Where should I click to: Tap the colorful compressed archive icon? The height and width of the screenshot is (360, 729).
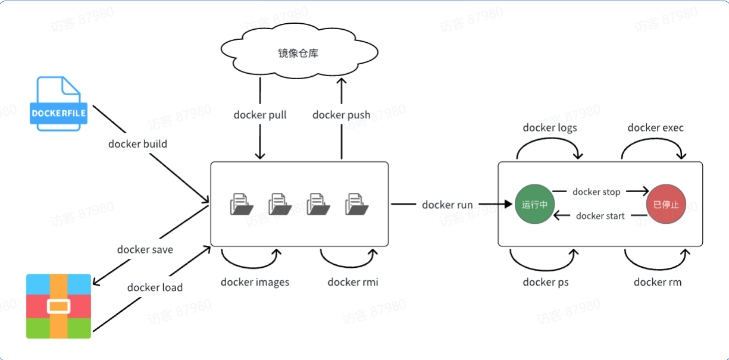(x=58, y=306)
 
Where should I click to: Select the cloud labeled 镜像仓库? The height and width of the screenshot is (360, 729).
(x=298, y=54)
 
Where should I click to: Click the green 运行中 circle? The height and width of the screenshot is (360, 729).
(x=534, y=204)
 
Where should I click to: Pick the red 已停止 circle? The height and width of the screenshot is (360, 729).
(x=665, y=204)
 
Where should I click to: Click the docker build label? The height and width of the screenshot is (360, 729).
(x=137, y=143)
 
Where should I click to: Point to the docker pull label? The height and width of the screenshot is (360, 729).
(x=260, y=114)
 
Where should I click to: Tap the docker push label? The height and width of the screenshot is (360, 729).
(x=341, y=114)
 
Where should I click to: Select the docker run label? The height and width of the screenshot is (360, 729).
(x=447, y=205)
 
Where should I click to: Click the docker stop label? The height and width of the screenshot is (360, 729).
(x=596, y=192)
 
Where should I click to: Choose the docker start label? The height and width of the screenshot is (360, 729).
(x=600, y=215)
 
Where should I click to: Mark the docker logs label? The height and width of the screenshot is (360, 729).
(x=549, y=127)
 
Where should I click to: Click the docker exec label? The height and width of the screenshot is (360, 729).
(x=655, y=127)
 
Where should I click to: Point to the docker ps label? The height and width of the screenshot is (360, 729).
(x=545, y=282)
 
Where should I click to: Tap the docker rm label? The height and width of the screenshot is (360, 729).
(x=657, y=282)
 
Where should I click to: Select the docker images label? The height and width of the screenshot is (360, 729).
(x=255, y=282)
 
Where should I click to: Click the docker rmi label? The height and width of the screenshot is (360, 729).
(x=352, y=282)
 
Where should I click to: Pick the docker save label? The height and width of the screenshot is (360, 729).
(x=145, y=249)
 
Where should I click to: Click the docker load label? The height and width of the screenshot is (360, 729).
(x=155, y=287)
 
